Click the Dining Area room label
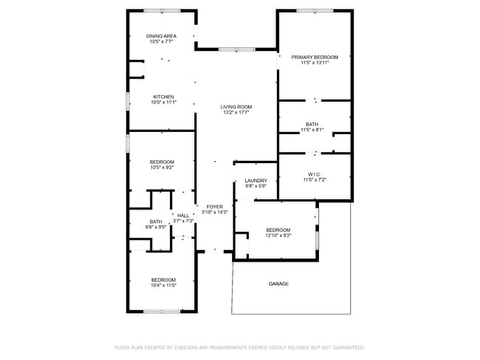[x=160, y=36]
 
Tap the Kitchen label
[x=163, y=97]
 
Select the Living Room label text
[x=236, y=107]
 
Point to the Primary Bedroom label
[x=315, y=57]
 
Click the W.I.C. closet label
[x=314, y=174]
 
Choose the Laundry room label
[x=256, y=180]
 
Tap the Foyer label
[x=215, y=207]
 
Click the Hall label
[x=182, y=215]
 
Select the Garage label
[x=278, y=284]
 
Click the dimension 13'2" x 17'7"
[x=236, y=113]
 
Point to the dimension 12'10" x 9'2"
[x=278, y=235]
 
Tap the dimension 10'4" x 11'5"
[x=163, y=285]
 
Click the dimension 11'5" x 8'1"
[x=312, y=130]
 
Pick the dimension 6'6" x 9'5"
[x=156, y=227]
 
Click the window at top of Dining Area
[x=162, y=10]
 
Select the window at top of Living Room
[x=236, y=49]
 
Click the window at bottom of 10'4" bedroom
[x=162, y=311]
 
